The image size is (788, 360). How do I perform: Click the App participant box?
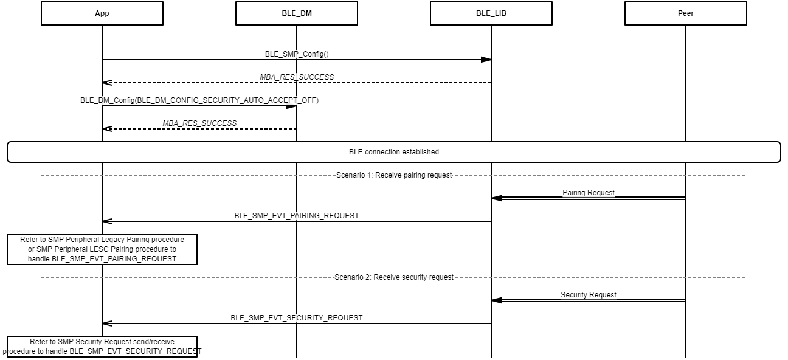click(102, 13)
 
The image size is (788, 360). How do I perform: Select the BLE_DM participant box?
click(297, 13)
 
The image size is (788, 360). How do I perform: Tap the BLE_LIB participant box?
click(491, 13)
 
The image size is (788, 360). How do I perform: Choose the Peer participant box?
click(686, 13)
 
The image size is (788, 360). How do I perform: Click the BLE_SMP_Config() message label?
click(297, 54)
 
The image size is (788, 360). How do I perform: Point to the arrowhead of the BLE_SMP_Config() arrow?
click(486, 60)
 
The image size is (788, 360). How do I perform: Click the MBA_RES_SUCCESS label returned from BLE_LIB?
click(297, 77)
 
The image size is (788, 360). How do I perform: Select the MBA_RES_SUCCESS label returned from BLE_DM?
click(199, 123)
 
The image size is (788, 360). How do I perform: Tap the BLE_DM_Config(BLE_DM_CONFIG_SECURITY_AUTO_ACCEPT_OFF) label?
click(199, 100)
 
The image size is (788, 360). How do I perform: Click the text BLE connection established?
click(394, 152)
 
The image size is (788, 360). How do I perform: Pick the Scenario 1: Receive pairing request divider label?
click(394, 175)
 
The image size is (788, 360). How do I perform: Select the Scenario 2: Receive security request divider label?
click(394, 277)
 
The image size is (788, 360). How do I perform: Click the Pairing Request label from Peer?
click(589, 193)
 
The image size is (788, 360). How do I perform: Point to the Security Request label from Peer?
click(589, 295)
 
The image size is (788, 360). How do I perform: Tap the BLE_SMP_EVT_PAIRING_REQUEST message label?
click(297, 216)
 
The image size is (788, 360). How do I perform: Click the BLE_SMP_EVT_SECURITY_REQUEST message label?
click(297, 318)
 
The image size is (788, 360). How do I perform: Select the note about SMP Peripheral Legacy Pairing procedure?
click(102, 249)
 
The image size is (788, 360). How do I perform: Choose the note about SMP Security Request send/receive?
click(102, 347)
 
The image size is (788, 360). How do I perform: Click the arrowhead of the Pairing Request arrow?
click(496, 198)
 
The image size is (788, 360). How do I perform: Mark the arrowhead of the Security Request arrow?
click(496, 300)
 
